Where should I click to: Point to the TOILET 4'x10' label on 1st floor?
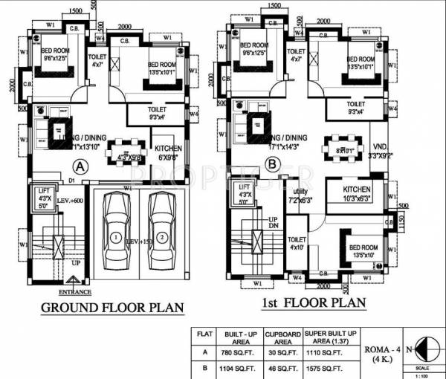(297, 242)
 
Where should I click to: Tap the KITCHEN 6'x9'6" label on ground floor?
(169, 153)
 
